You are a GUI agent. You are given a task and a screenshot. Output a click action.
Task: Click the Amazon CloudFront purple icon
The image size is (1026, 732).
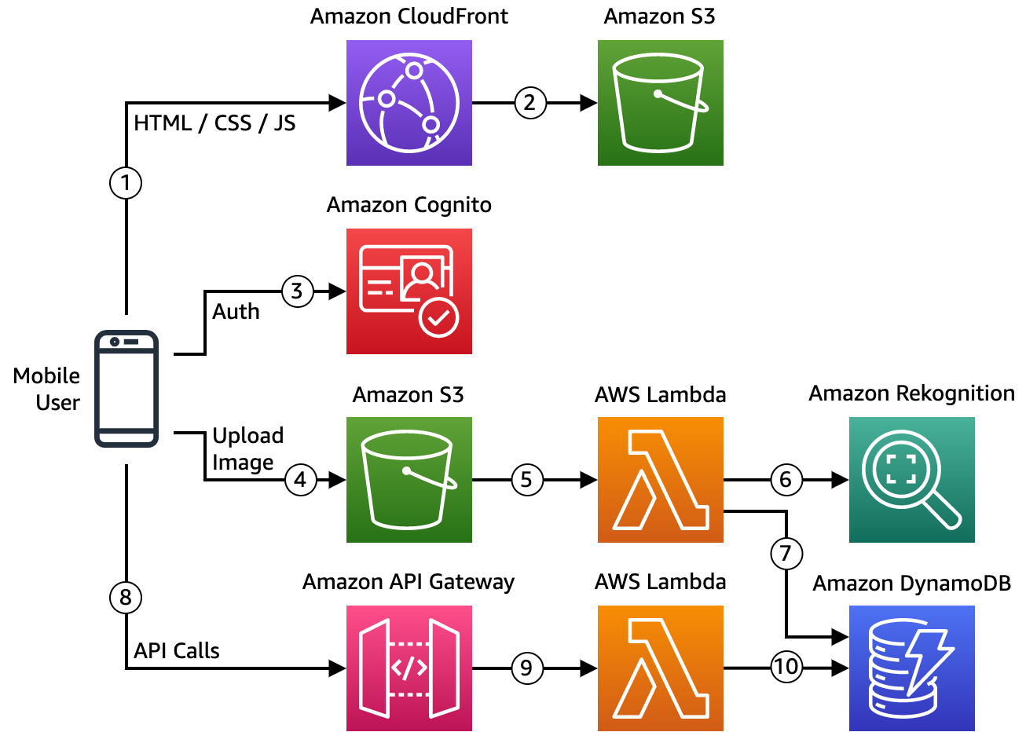pos(409,103)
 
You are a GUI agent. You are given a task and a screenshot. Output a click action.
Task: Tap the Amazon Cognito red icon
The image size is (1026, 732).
pos(409,291)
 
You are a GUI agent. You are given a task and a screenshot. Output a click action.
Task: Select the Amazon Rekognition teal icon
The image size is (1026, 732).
pos(912,480)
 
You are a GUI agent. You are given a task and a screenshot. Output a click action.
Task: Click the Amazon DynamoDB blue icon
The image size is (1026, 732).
pos(912,668)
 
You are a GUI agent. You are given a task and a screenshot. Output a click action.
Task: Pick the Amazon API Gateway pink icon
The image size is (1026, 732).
pos(409,668)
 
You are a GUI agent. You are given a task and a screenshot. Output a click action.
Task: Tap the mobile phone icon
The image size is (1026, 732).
pos(126,389)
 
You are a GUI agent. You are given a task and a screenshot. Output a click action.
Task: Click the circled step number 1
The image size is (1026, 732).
pos(126,183)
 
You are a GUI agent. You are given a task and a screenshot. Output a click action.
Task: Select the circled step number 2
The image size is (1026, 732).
pos(530,103)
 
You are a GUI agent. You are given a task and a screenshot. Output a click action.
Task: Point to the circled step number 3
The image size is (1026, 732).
pos(298,291)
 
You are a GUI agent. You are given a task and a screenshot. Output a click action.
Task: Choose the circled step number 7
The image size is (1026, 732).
pos(786,554)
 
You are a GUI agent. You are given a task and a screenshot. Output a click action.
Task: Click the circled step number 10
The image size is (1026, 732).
pos(786,667)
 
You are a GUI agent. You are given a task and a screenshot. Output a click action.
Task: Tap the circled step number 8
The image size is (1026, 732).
pos(126,598)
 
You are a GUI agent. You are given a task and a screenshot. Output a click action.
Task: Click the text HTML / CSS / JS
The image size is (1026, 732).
pos(214,123)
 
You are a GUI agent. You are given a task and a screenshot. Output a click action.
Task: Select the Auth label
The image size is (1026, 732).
pos(236,312)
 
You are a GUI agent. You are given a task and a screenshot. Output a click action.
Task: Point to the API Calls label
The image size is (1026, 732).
pos(177,650)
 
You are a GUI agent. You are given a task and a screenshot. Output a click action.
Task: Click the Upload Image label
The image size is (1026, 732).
pos(247,448)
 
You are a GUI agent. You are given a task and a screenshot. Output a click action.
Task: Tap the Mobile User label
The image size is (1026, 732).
pos(46,389)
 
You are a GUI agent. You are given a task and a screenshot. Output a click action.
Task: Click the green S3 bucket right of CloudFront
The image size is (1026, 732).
pos(661,103)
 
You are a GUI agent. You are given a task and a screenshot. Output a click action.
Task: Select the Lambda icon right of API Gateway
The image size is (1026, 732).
pos(661,668)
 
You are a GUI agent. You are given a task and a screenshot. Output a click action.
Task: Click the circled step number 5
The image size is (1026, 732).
pos(527,480)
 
